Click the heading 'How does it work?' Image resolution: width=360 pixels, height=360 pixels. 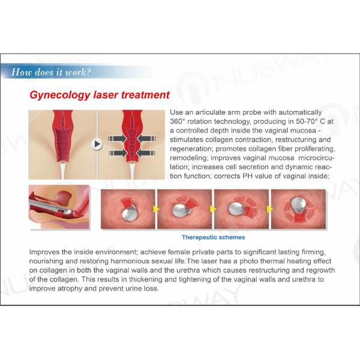pos(51,72)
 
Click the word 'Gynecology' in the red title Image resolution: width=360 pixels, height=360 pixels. pos(60,95)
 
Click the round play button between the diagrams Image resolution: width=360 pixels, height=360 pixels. pos(97,144)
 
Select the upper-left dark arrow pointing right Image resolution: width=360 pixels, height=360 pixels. pos(117,139)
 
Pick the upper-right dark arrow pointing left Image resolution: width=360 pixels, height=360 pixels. pos(147,139)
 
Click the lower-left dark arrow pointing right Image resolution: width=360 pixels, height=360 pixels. pos(117,153)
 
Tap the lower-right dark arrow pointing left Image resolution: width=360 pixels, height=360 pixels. pos(147,153)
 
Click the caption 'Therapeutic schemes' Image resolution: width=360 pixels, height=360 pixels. pos(213,237)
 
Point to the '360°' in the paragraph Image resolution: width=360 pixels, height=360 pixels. pos(177,121)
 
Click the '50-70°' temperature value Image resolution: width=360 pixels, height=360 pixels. pos(305,121)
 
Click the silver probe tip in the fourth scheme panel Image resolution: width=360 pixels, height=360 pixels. pos(298,204)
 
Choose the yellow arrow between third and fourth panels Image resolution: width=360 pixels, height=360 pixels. pos(270,209)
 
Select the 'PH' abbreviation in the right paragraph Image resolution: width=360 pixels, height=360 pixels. pos(247,176)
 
